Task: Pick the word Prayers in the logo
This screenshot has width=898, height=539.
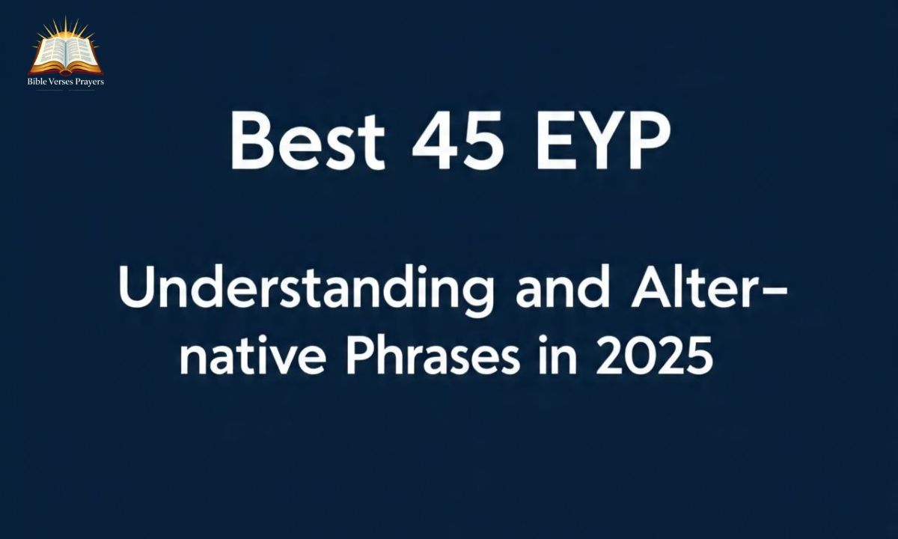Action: click(x=91, y=81)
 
